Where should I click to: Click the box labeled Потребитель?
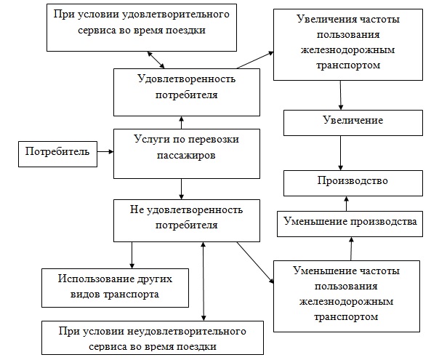(57, 152)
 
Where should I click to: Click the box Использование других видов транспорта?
(109, 287)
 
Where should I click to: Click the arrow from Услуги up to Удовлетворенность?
(181, 121)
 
